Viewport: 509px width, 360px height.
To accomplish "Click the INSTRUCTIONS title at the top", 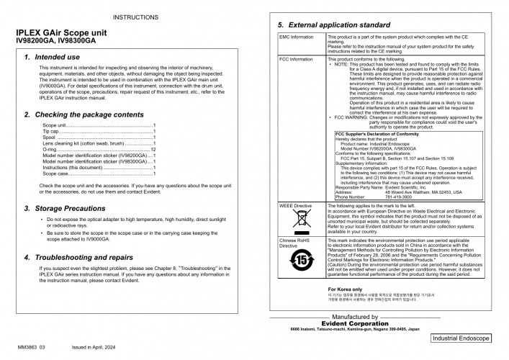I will pos(131,16).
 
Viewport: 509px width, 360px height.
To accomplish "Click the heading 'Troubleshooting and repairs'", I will pos(88,257).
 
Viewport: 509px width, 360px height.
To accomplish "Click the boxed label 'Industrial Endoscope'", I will pos(461,338).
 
